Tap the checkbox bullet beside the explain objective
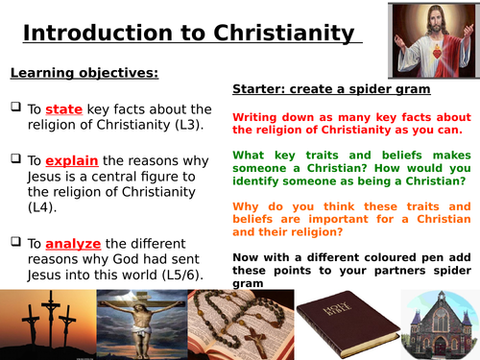coord(15,160)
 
